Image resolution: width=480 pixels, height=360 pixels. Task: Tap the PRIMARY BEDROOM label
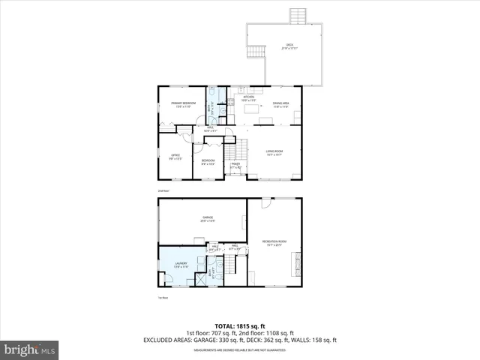[x=181, y=104]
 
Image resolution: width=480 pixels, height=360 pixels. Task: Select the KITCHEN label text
[x=248, y=98]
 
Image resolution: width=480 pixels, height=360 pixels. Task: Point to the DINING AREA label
[x=281, y=104]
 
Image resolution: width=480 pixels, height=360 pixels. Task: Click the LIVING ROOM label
[x=274, y=152]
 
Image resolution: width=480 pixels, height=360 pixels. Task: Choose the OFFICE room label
[x=175, y=157]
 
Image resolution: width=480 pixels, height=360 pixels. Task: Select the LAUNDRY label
[x=181, y=264]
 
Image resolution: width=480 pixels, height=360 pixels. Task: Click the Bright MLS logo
[x=29, y=349]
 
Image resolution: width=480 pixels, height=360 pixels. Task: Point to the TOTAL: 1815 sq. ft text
[x=240, y=326]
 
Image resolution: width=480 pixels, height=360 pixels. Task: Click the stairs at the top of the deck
[x=299, y=16]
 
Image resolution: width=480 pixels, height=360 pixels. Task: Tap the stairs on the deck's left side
[x=256, y=52]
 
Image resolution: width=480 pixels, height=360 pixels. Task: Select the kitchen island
[x=250, y=109]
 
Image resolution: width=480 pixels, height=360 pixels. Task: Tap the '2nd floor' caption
[x=163, y=191]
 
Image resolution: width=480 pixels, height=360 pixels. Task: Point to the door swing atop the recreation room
[x=266, y=203]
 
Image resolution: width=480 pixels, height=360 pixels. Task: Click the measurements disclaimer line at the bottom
[x=240, y=349]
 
